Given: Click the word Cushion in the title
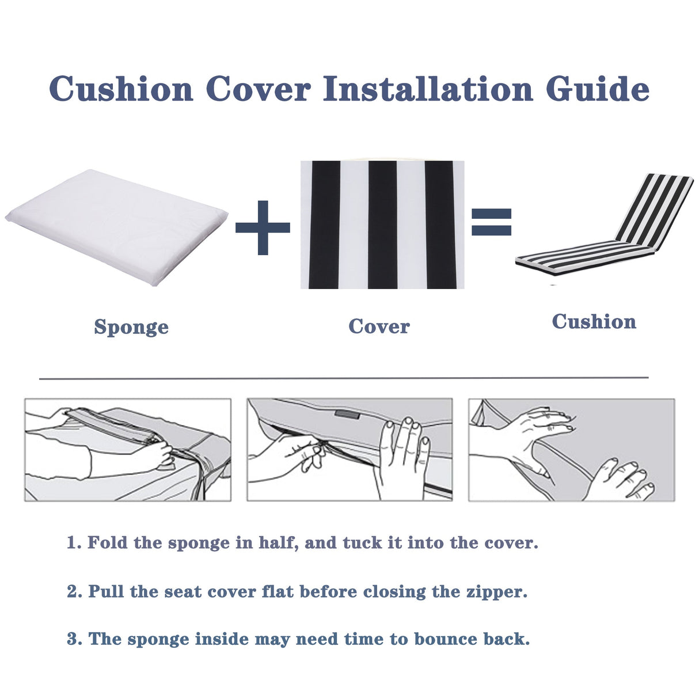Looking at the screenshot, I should pyautogui.click(x=121, y=89).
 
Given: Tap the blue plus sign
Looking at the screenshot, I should pyautogui.click(x=263, y=227).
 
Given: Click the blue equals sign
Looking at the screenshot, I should pyautogui.click(x=491, y=222).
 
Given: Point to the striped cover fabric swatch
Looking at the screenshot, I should pyautogui.click(x=382, y=225).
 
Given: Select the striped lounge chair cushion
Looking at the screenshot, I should pyautogui.click(x=605, y=230).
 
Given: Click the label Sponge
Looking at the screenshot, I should pyautogui.click(x=131, y=327).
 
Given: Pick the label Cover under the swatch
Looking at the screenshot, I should pyautogui.click(x=379, y=326).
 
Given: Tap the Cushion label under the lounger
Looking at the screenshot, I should pyautogui.click(x=594, y=321).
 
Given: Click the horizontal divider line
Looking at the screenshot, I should pyautogui.click(x=344, y=378).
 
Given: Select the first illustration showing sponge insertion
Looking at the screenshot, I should pyautogui.click(x=127, y=450).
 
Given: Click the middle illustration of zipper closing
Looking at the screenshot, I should pyautogui.click(x=349, y=450).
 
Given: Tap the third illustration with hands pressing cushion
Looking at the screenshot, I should pyautogui.click(x=571, y=450).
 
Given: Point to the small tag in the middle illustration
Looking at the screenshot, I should pyautogui.click(x=347, y=415).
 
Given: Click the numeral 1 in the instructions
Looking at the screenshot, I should pyautogui.click(x=72, y=543).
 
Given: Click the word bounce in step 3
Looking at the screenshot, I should pyautogui.click(x=446, y=639).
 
